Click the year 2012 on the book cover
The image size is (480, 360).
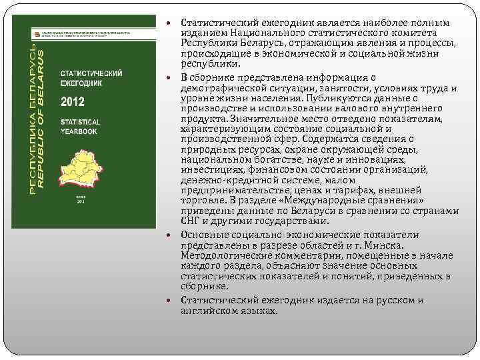tap(72, 102)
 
